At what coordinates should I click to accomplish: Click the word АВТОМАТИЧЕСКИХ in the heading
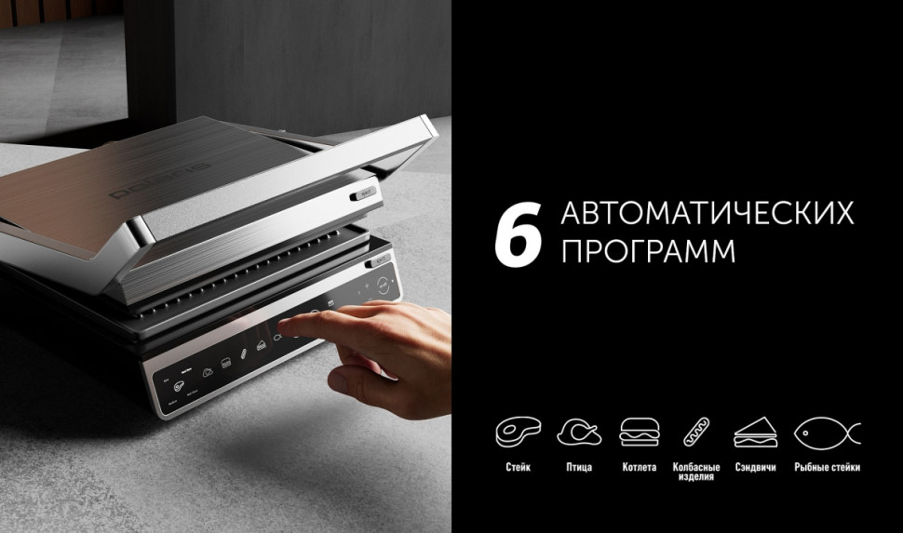tap(707, 213)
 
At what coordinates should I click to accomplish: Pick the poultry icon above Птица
tap(578, 432)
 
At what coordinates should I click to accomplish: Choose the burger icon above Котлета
tap(639, 432)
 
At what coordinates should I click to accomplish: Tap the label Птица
tap(578, 467)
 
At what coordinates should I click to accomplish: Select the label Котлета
tap(639, 467)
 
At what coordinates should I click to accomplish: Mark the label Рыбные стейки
tap(827, 467)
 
